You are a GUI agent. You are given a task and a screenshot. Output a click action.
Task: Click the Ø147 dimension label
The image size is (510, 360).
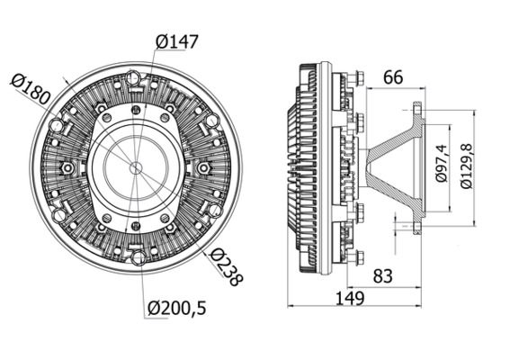pyautogui.click(x=176, y=41)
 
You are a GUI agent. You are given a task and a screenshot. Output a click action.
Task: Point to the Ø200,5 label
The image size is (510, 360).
pyautogui.click(x=177, y=309)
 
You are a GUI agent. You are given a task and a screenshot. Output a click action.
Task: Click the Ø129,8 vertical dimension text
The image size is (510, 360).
pyautogui.click(x=465, y=164)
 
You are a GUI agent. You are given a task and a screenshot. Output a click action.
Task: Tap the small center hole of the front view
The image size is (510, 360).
pyautogui.click(x=135, y=167)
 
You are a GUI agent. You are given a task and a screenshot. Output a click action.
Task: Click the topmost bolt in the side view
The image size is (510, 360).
pyautogui.click(x=357, y=80)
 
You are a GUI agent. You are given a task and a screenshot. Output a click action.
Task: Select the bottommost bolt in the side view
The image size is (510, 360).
pyautogui.click(x=357, y=257)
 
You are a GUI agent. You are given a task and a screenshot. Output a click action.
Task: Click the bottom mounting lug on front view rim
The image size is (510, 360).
pyautogui.click(x=137, y=258)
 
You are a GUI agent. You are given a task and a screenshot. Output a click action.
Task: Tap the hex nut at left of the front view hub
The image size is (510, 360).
pyautogui.click(x=67, y=168)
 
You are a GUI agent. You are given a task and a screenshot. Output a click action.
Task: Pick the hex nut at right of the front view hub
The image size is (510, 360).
pyautogui.click(x=203, y=167)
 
